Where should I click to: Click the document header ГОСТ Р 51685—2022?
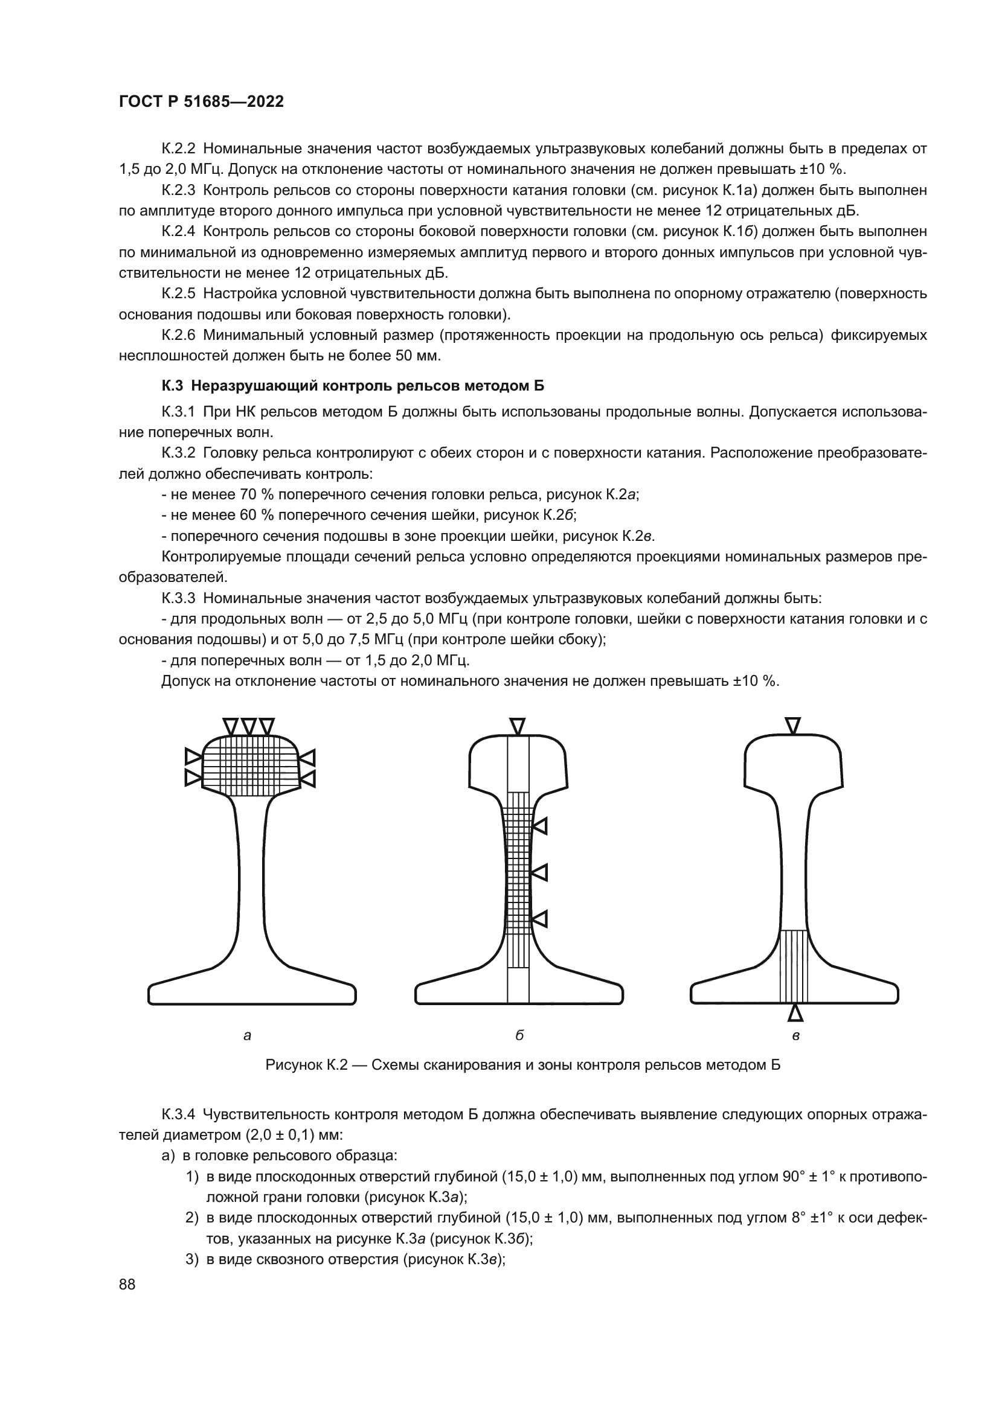click(201, 102)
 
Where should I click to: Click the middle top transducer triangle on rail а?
click(248, 726)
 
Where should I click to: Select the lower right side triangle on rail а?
click(307, 779)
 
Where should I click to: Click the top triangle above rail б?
click(518, 726)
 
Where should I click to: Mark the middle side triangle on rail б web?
click(540, 873)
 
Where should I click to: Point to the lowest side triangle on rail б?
click(540, 919)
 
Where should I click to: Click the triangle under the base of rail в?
click(795, 1013)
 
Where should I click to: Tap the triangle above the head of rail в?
click(793, 726)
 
